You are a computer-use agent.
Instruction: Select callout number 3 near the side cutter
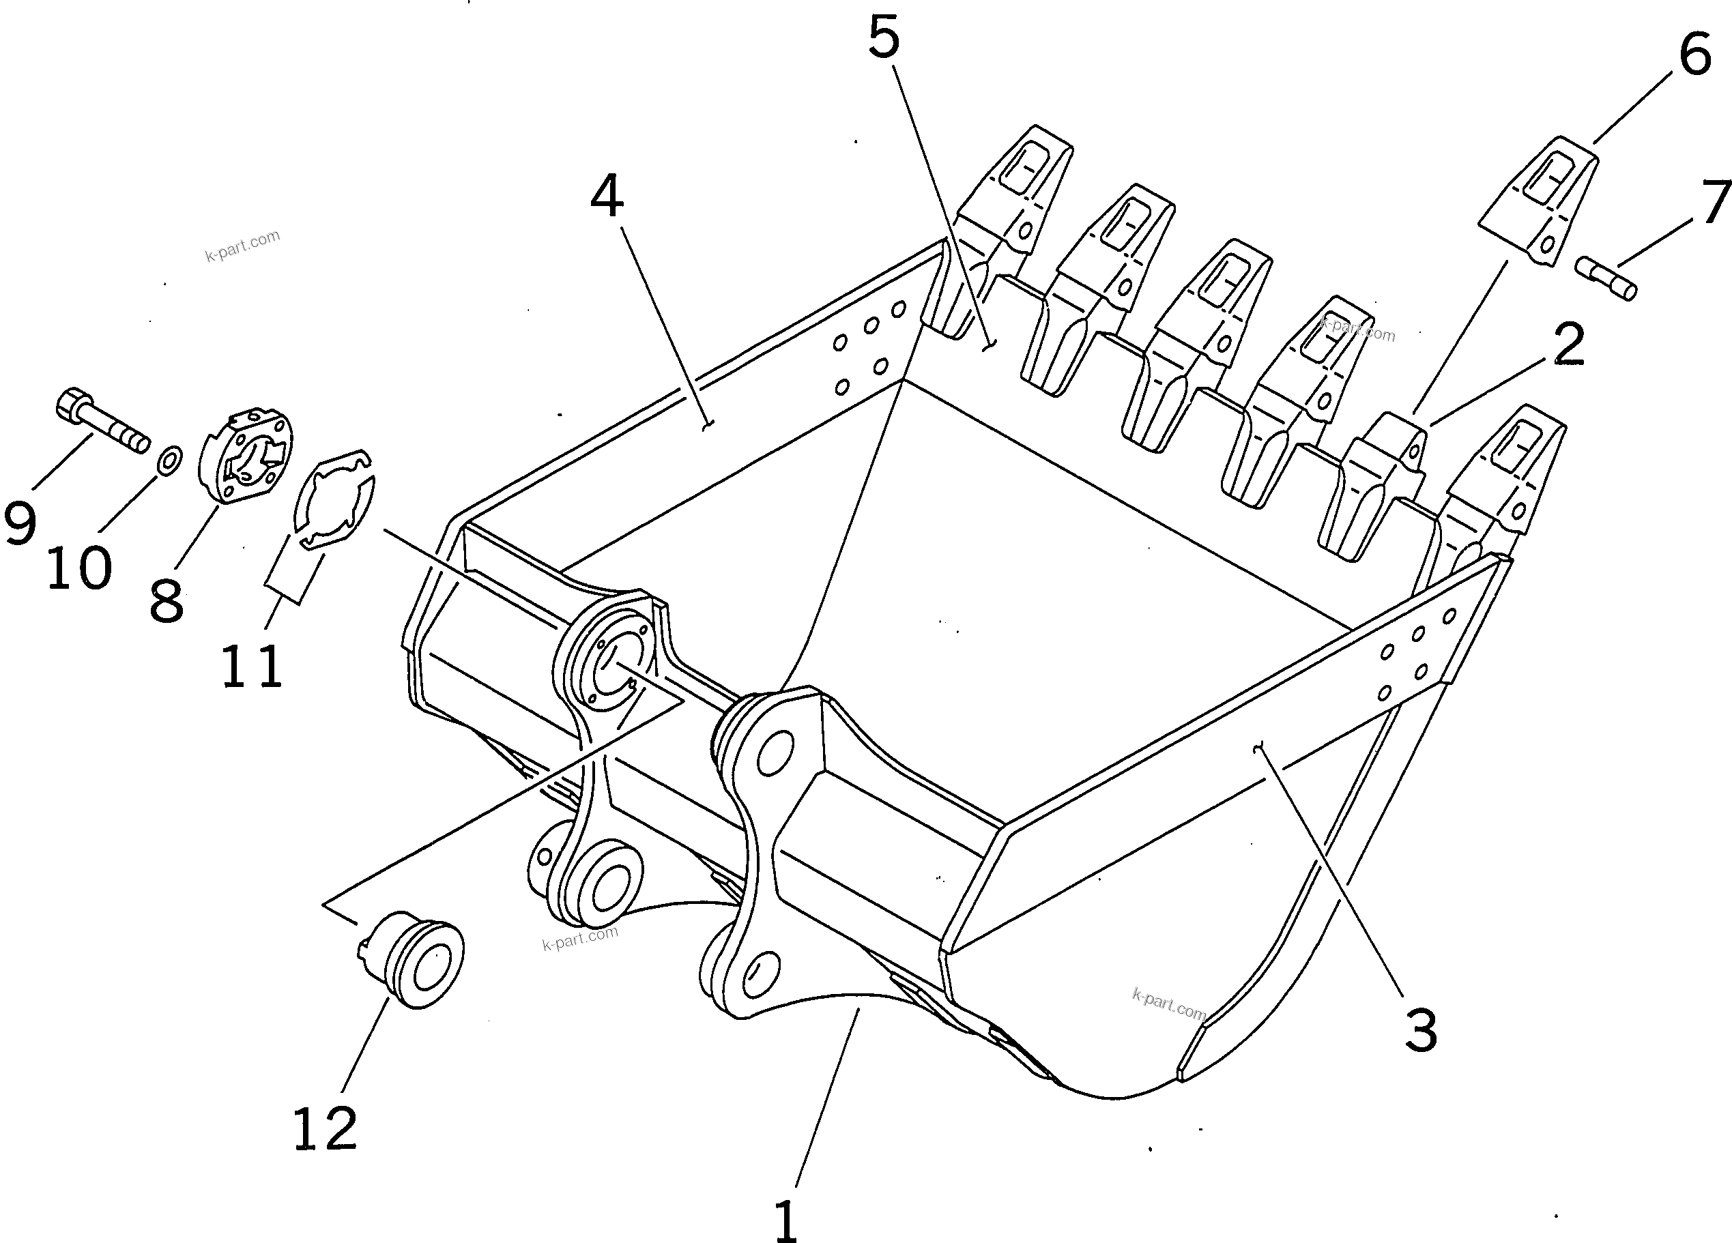[x=1420, y=1030]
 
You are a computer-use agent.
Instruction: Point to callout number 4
[x=607, y=196]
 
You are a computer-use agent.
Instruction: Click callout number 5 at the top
[x=884, y=37]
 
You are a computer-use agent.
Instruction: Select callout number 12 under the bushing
[x=325, y=1128]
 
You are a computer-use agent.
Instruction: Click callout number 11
[x=252, y=666]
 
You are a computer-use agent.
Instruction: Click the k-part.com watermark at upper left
[x=242, y=245]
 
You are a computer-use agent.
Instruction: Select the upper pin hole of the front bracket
[x=775, y=752]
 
